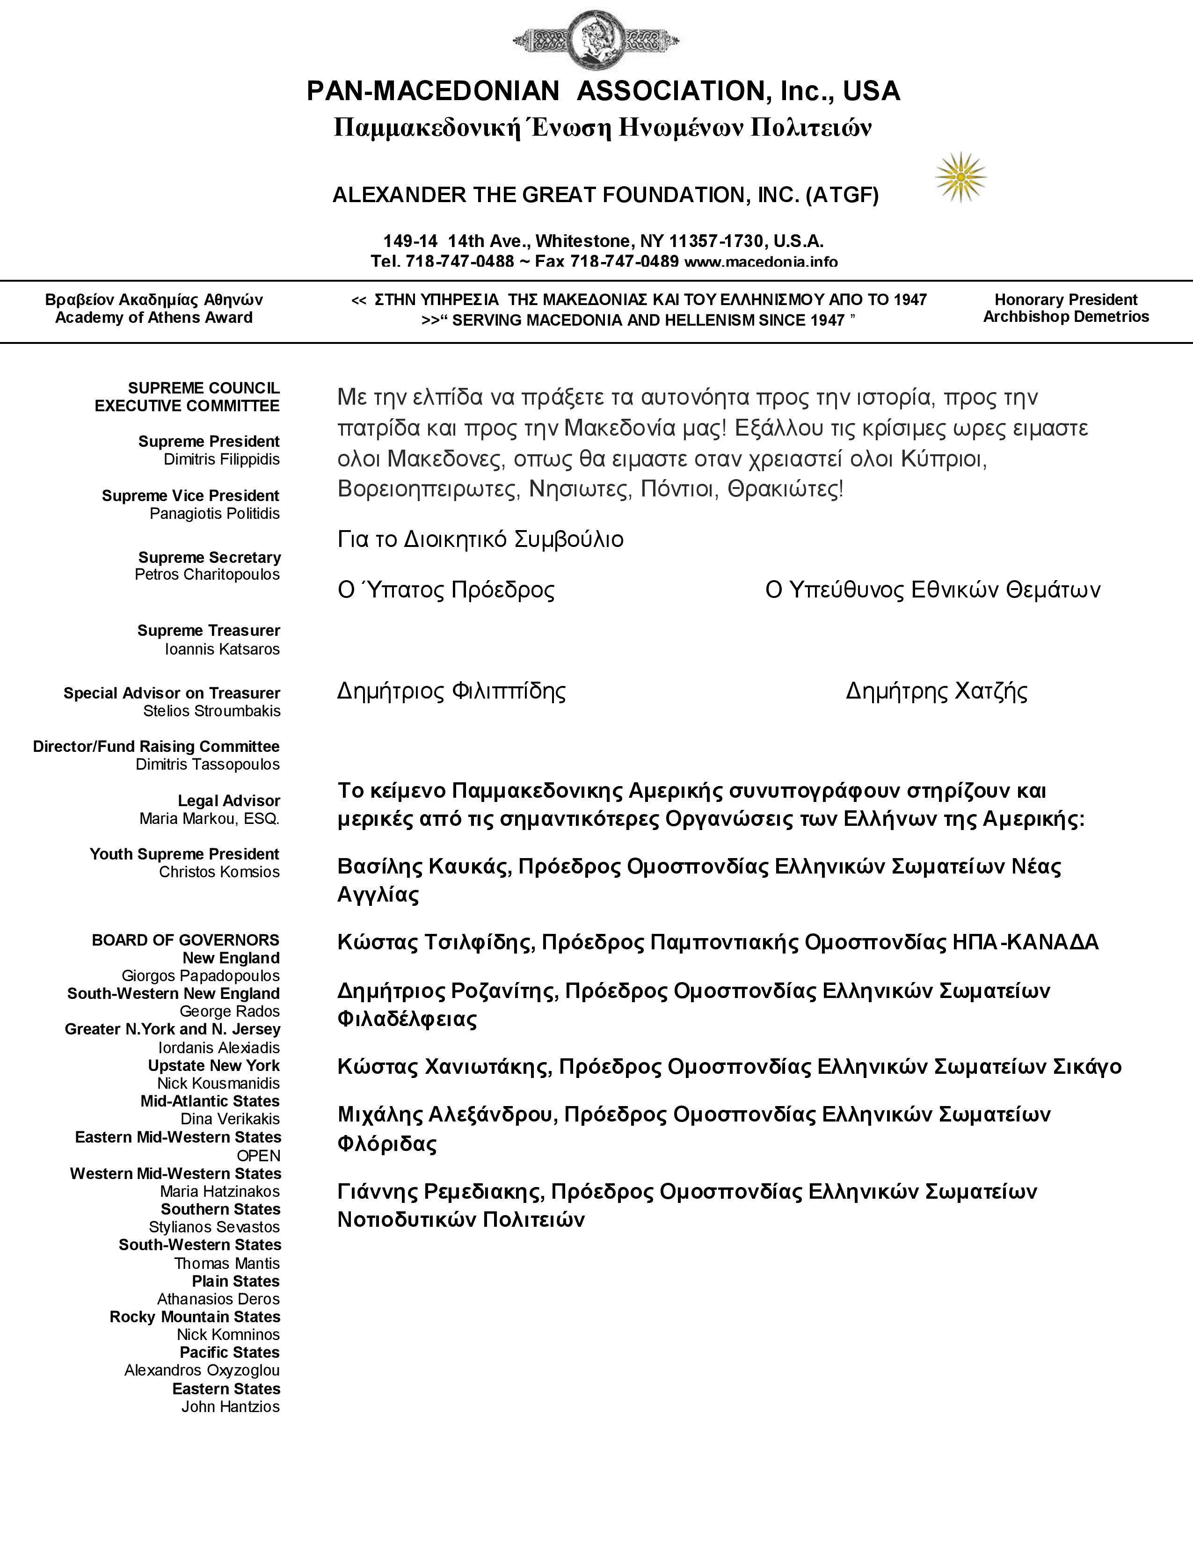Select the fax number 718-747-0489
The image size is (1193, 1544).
pyautogui.click(x=624, y=262)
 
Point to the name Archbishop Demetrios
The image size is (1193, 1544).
pyautogui.click(x=1066, y=317)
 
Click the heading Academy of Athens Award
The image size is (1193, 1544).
pyautogui.click(x=153, y=317)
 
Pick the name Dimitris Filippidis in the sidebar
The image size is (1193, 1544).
pyautogui.click(x=221, y=459)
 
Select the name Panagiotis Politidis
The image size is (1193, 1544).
pyautogui.click(x=214, y=514)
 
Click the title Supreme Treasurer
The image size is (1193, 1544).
pyautogui.click(x=209, y=631)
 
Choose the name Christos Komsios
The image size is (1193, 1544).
pyautogui.click(x=219, y=873)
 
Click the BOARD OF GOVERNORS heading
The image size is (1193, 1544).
pyautogui.click(x=185, y=940)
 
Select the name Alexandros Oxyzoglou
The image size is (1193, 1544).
pyautogui.click(x=202, y=1370)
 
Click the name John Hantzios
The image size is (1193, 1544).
pyautogui.click(x=230, y=1407)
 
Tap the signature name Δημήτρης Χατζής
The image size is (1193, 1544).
pyautogui.click(x=937, y=691)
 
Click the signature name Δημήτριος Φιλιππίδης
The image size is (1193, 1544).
pyautogui.click(x=451, y=691)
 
